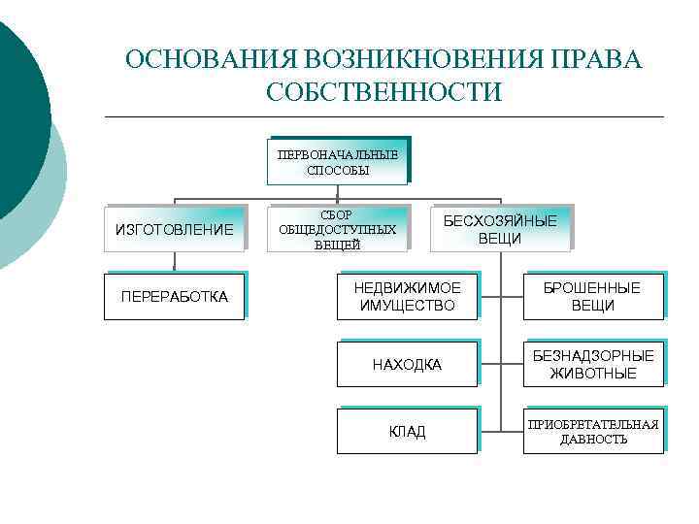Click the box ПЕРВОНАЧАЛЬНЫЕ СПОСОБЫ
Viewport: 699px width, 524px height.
[x=337, y=161]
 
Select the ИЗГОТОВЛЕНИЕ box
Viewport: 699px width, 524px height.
[x=175, y=230]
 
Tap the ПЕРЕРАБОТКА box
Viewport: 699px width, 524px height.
[x=175, y=296]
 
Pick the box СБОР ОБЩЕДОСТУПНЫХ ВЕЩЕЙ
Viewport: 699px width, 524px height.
[x=337, y=230]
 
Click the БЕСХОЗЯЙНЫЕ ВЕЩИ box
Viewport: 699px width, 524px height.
[x=500, y=230]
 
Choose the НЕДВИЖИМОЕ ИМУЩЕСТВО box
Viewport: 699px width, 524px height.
[x=408, y=296]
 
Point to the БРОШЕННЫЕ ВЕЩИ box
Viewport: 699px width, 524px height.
[x=592, y=296]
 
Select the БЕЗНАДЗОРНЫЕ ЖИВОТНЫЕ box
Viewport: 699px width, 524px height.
[x=592, y=364]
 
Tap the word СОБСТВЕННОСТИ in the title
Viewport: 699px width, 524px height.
[x=383, y=93]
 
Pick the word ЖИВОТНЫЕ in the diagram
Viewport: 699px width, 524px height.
[x=593, y=374]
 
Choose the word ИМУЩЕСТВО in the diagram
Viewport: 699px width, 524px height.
[x=407, y=306]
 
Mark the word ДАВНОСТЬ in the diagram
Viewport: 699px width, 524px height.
[x=593, y=440]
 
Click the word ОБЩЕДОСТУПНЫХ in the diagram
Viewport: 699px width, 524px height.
[x=337, y=230]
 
